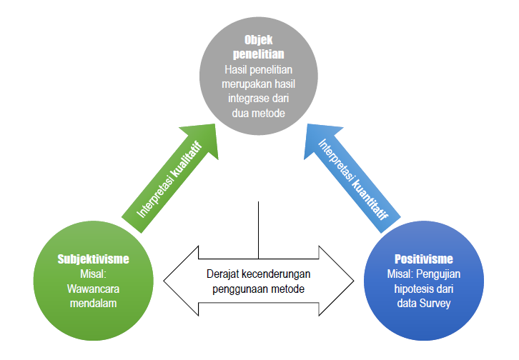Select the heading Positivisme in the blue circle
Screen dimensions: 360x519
coord(425,258)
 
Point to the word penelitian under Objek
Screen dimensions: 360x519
coord(259,56)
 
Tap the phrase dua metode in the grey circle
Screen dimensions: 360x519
coord(259,113)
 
